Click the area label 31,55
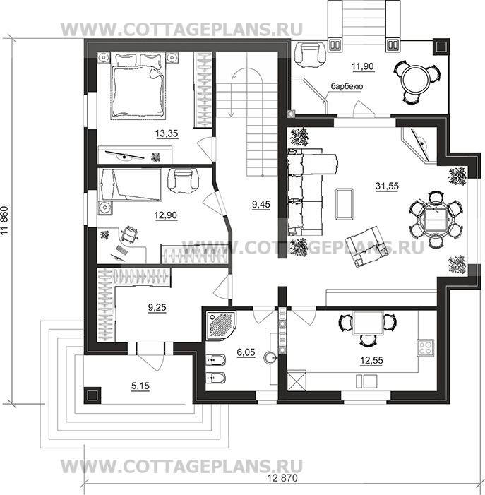[387, 186]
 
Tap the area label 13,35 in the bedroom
[167, 133]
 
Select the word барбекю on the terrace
[347, 86]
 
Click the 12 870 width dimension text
[282, 478]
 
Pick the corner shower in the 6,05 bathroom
[220, 326]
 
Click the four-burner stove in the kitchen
[425, 347]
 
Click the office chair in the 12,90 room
[128, 235]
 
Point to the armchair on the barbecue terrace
[309, 54]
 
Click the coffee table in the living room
[345, 203]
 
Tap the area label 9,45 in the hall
[261, 205]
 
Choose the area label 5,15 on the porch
[140, 386]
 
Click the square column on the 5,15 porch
[92, 395]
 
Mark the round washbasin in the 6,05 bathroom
[270, 357]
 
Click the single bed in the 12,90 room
[130, 185]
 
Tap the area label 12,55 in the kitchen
[371, 360]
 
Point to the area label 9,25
[157, 307]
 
